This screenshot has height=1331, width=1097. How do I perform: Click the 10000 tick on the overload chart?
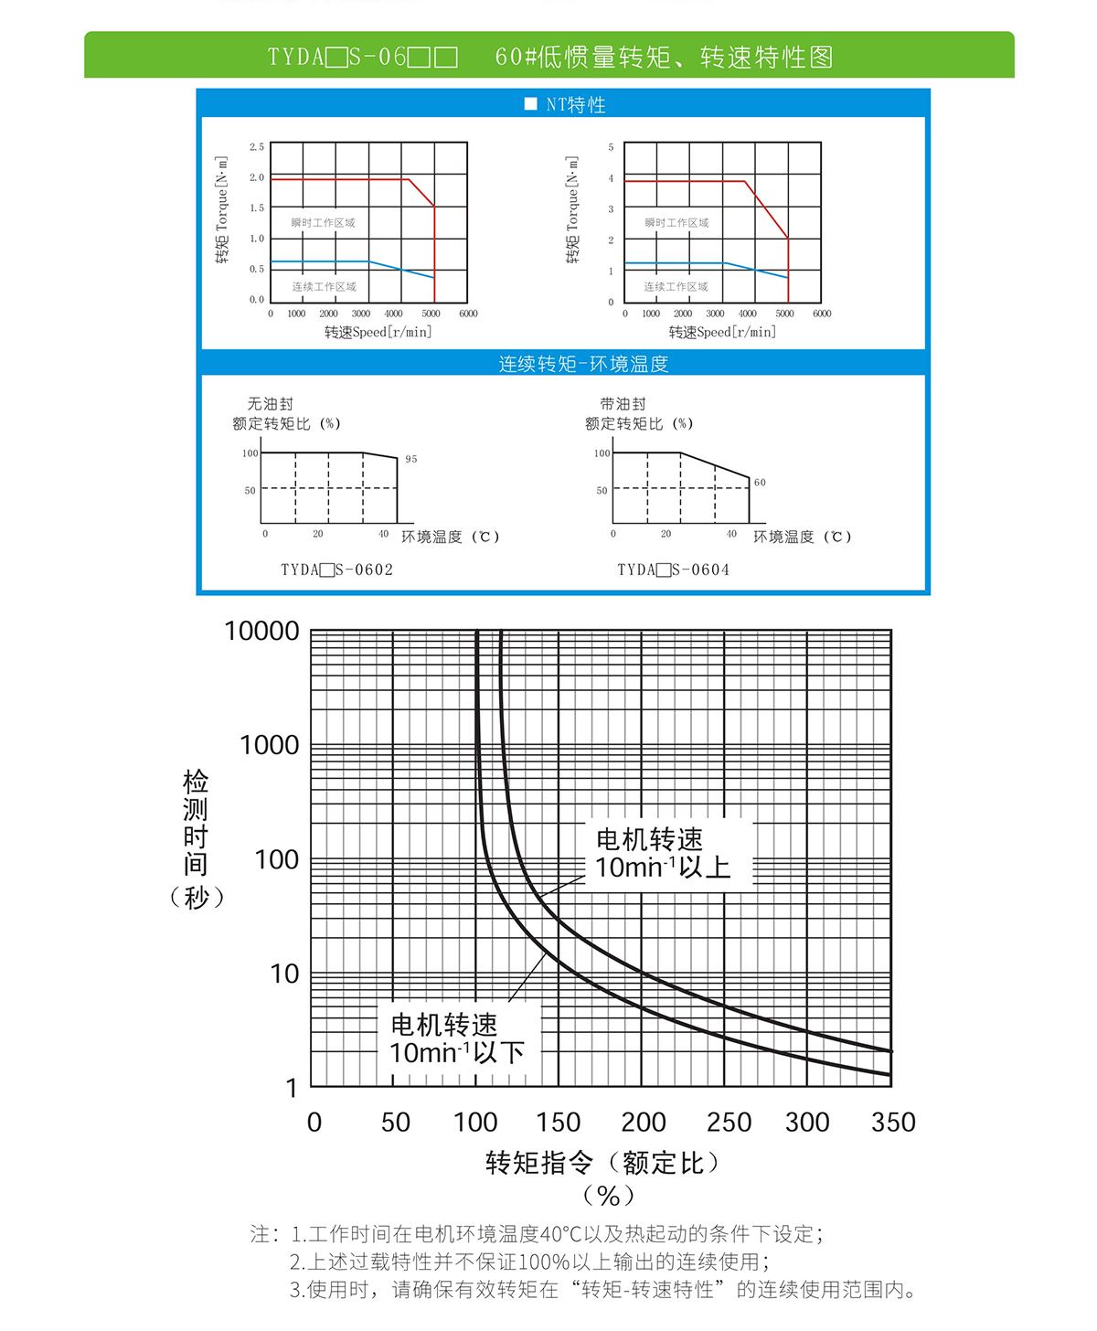pyautogui.click(x=261, y=631)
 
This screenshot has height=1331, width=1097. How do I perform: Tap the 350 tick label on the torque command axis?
pyautogui.click(x=893, y=1122)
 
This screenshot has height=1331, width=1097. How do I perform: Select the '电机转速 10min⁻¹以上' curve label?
pyautogui.click(x=663, y=853)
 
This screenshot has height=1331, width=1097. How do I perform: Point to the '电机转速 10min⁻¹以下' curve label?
pyautogui.click(x=457, y=1038)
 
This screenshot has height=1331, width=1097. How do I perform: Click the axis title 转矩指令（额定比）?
pyautogui.click(x=604, y=1163)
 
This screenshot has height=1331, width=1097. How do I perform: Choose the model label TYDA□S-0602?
pyautogui.click(x=336, y=570)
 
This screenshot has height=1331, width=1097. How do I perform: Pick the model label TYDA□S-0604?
pyautogui.click(x=673, y=570)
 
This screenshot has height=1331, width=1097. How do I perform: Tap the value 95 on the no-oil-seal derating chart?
pyautogui.click(x=411, y=459)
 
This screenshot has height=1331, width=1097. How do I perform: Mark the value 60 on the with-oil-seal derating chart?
pyautogui.click(x=760, y=482)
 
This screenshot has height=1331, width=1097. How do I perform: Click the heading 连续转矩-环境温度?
pyautogui.click(x=583, y=364)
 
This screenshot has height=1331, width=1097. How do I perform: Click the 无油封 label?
pyautogui.click(x=271, y=403)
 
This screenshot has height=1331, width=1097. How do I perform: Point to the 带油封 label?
pyautogui.click(x=623, y=403)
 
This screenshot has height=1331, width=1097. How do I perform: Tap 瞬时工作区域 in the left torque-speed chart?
pyautogui.click(x=323, y=222)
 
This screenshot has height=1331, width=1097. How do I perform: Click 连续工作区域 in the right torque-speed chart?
pyautogui.click(x=676, y=286)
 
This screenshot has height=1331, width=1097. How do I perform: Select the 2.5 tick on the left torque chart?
pyautogui.click(x=257, y=146)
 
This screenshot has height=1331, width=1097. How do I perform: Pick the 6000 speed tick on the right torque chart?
pyautogui.click(x=822, y=314)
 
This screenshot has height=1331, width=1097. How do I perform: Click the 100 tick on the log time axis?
pyautogui.click(x=276, y=859)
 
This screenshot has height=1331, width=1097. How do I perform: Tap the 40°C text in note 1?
pyautogui.click(x=560, y=1234)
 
